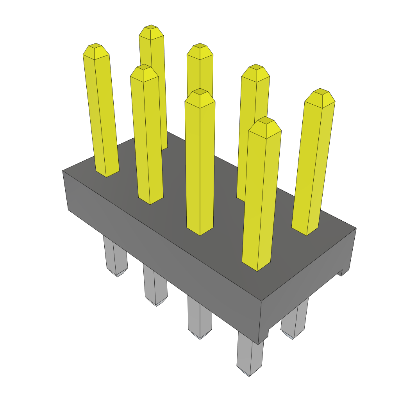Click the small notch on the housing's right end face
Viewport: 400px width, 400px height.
(x=340, y=272)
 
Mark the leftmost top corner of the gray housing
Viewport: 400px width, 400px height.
(x=63, y=171)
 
